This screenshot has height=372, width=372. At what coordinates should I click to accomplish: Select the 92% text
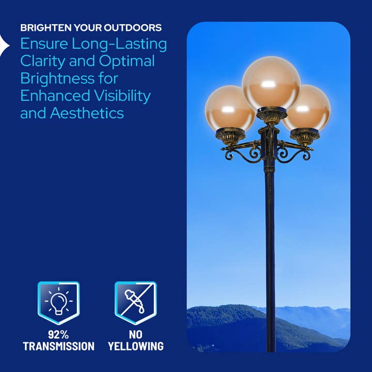(x=58, y=334)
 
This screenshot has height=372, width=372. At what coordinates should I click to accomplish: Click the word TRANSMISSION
(x=58, y=346)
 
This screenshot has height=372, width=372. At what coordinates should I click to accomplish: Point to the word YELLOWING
(x=136, y=346)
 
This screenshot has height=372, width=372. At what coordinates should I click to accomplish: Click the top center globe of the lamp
(x=271, y=82)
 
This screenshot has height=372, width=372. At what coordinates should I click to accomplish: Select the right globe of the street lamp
(x=307, y=109)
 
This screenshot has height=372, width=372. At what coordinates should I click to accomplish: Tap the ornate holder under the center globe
(x=271, y=116)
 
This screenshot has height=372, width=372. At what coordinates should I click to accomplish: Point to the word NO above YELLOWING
(x=136, y=334)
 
